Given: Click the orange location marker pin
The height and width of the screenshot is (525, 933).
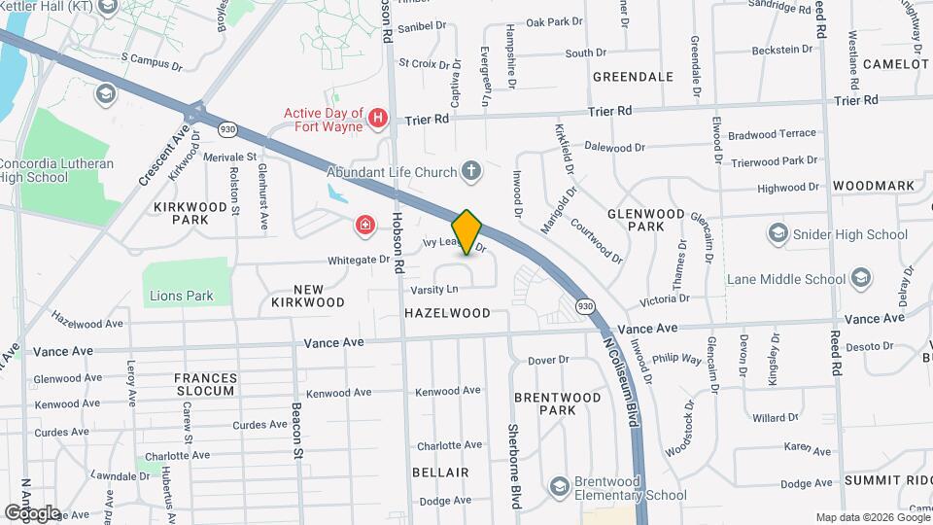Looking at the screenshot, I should click(466, 232).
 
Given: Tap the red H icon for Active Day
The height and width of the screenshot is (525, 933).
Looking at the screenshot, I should click(378, 120).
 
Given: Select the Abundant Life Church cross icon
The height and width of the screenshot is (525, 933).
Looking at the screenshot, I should click(471, 172).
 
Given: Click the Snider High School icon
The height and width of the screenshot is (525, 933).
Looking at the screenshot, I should click(777, 234).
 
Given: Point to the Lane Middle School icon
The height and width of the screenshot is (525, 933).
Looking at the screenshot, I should click(859, 279).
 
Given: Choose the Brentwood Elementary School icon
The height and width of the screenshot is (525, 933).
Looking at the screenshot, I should click(559, 485).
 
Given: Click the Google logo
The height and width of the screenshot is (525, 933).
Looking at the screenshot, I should click(32, 512).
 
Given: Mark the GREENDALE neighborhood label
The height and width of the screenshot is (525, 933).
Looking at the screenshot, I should click(633, 76).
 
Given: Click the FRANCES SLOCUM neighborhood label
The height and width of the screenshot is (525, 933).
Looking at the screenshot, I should click(205, 384).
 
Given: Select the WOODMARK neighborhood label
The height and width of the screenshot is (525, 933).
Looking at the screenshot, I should click(873, 185).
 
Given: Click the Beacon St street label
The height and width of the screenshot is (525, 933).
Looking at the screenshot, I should click(297, 429).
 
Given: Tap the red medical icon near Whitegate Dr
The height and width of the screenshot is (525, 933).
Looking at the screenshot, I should click(364, 227).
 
